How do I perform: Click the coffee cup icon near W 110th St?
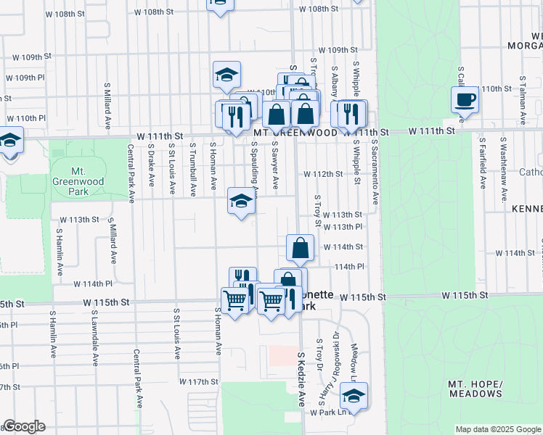pyautogui.click(x=465, y=100)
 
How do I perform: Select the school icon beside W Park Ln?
pyautogui.click(x=354, y=396)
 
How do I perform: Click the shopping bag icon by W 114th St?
pyautogui.click(x=300, y=249)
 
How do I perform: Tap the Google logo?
pyautogui.click(x=23, y=426)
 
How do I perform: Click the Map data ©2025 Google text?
pyautogui.click(x=498, y=429)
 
